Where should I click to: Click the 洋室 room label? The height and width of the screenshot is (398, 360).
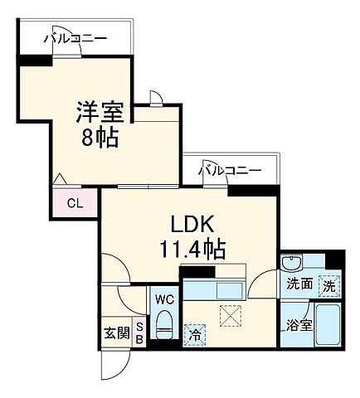click(100, 112)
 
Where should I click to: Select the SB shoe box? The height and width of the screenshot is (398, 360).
click(139, 332)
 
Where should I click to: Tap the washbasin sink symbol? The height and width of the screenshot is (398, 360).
click(291, 264)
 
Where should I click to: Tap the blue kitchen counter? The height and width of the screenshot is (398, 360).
click(212, 289)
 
